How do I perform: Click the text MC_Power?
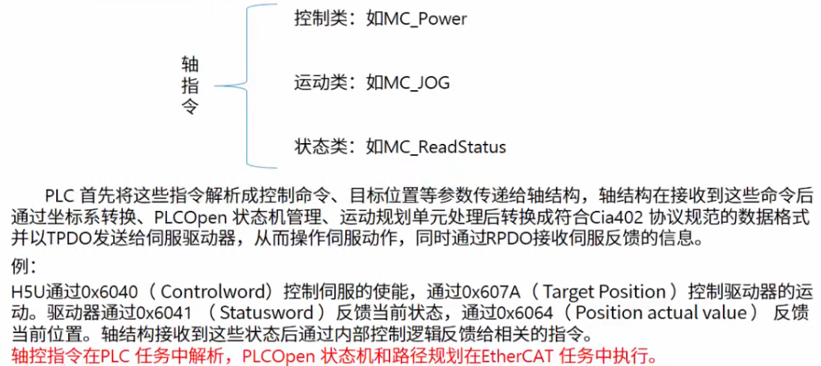(x=426, y=18)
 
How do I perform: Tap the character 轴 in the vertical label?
(x=190, y=64)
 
